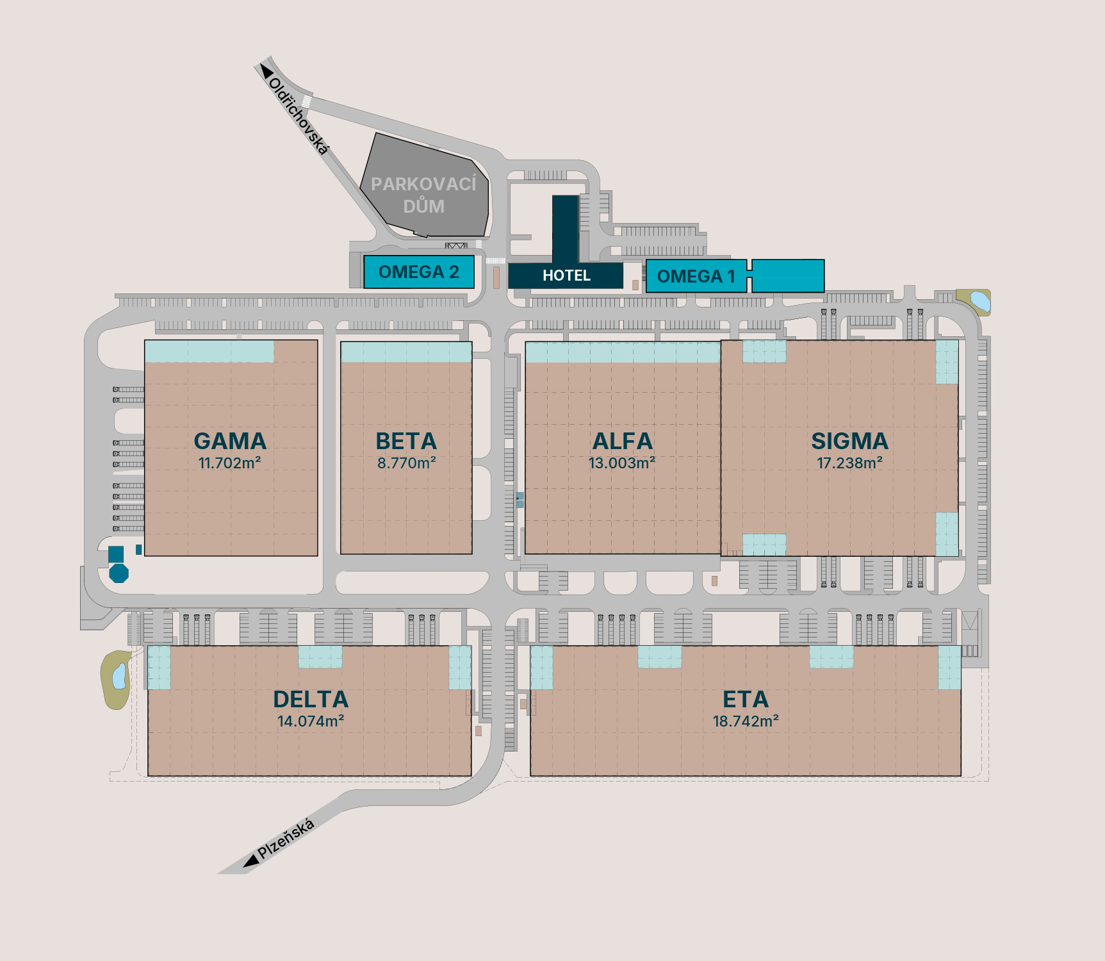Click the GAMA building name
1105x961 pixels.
point(230,441)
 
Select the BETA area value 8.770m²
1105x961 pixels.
point(406,463)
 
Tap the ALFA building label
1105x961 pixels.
point(622,441)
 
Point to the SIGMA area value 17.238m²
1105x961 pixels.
point(849,463)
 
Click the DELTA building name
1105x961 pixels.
point(311,699)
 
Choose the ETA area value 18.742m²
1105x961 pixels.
point(746,721)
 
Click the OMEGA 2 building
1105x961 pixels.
point(419,272)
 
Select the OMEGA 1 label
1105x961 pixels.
point(696,276)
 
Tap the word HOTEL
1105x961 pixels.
point(566,275)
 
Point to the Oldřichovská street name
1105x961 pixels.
point(299,116)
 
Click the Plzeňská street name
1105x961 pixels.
point(286,838)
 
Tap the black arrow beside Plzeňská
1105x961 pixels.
point(250,862)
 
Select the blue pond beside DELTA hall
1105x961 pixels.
point(119,677)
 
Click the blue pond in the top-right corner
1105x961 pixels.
point(979,300)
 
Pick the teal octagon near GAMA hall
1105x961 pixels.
point(119,573)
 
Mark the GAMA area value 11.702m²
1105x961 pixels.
point(229,463)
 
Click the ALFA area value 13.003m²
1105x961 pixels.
point(622,463)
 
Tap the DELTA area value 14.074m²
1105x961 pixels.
point(311,721)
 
